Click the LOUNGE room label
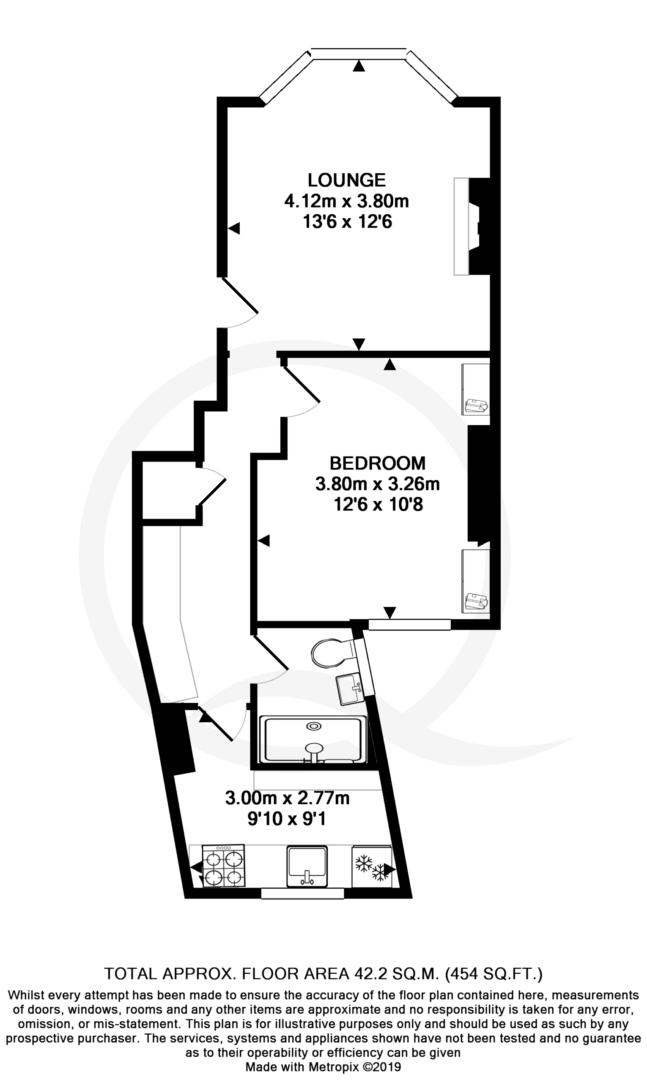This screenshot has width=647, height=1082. [347, 180]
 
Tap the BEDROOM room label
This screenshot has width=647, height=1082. [377, 463]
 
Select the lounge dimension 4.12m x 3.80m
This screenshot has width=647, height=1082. [347, 201]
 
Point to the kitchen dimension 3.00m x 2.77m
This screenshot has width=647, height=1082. [287, 798]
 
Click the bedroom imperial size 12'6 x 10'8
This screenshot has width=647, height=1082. [378, 505]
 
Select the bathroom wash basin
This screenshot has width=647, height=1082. [350, 689]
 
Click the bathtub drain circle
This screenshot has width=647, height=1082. [314, 727]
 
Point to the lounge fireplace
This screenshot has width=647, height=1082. [472, 226]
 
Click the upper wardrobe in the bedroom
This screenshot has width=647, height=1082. [476, 389]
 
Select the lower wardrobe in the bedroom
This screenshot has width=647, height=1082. [476, 581]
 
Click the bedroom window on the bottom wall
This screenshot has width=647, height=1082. [409, 624]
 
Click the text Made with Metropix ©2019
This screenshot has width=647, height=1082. [323, 1067]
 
